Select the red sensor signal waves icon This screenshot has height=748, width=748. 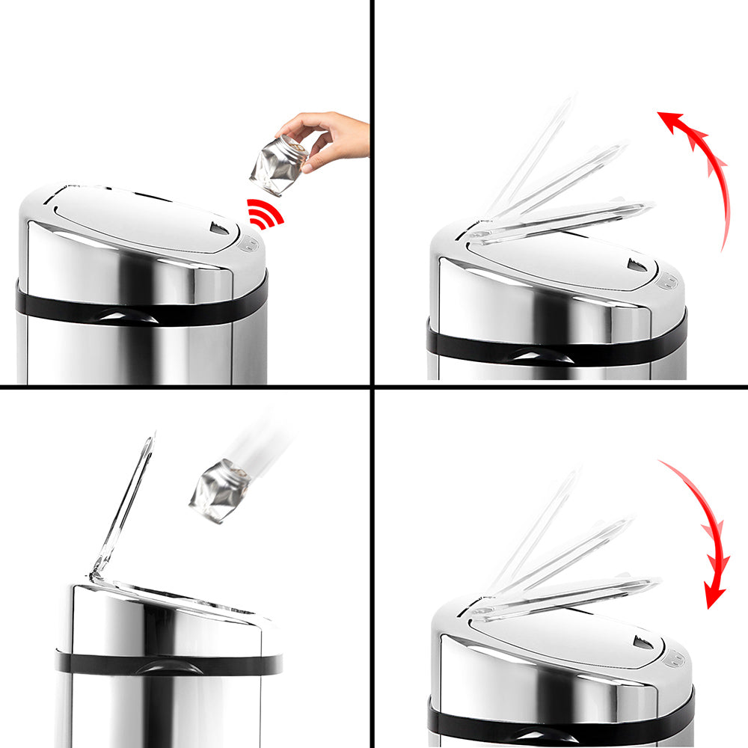(266, 214)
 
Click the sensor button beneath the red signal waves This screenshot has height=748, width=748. (249, 243)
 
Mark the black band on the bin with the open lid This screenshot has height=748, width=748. (168, 663)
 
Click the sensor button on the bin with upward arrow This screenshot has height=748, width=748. (668, 281)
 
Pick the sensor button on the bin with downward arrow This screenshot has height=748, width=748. (674, 658)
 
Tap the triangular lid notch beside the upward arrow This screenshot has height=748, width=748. (637, 265)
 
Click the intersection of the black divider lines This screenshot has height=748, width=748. (372, 386)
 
